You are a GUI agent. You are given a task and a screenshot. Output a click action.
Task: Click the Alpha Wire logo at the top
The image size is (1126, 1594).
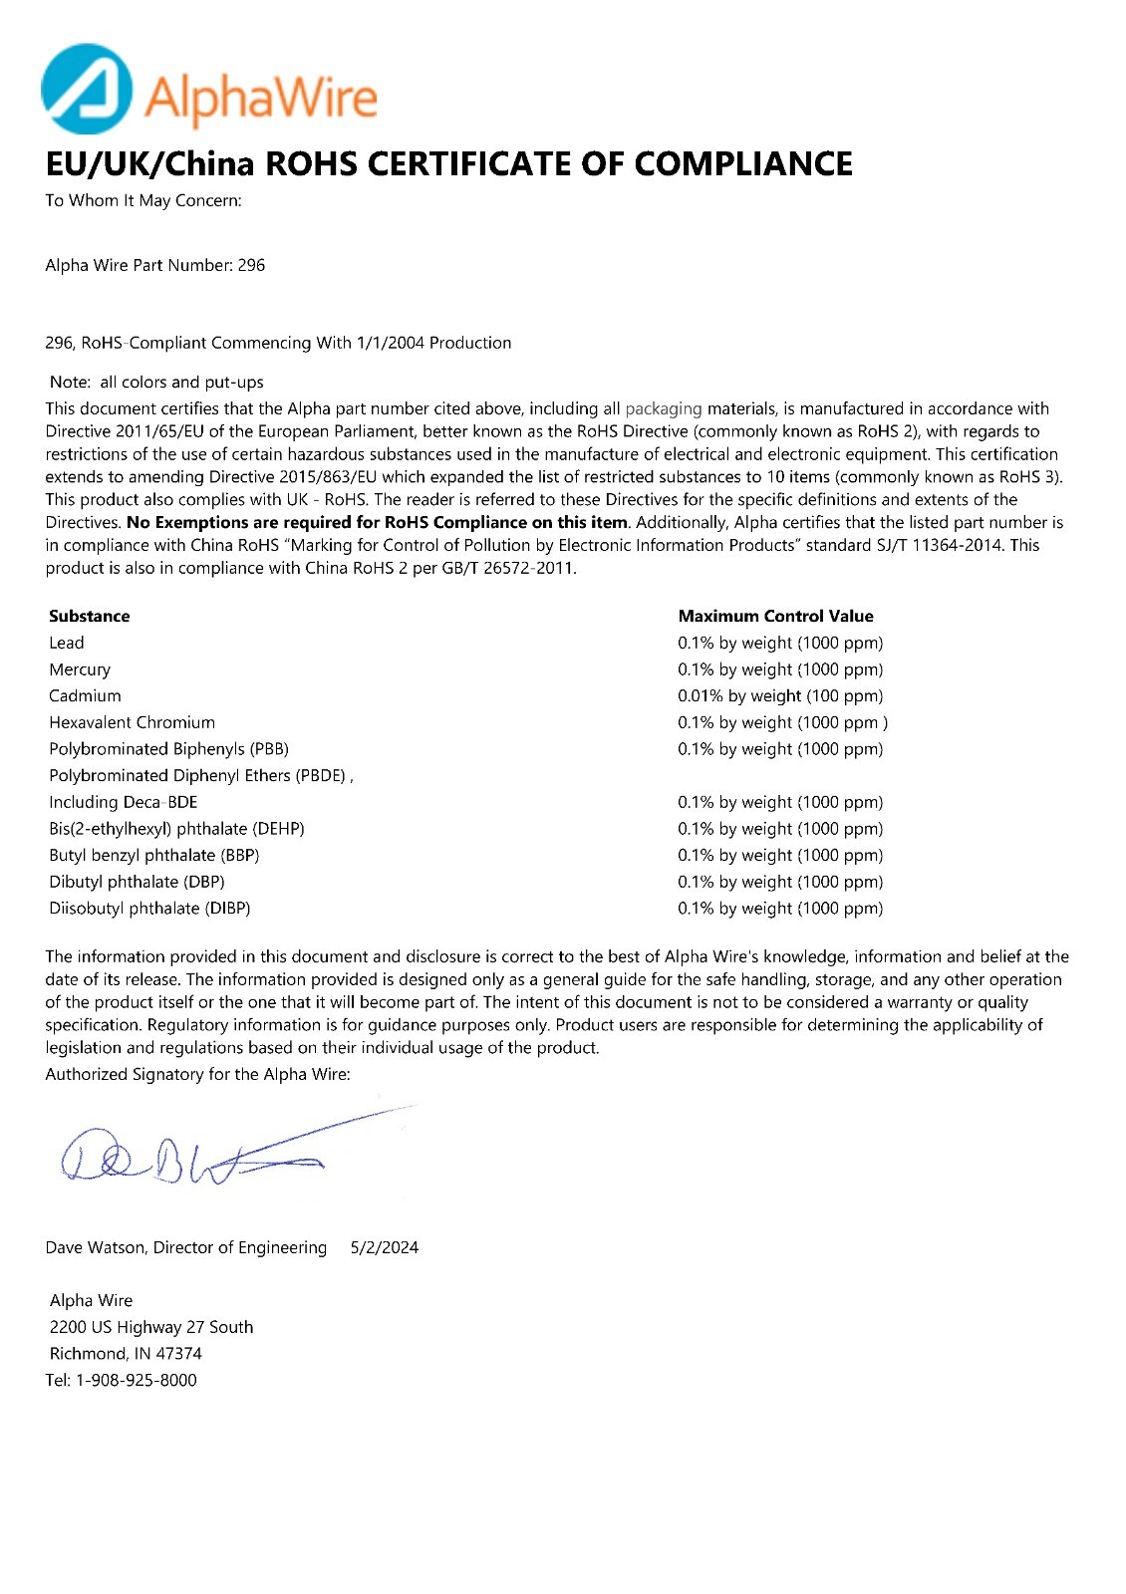tap(209, 90)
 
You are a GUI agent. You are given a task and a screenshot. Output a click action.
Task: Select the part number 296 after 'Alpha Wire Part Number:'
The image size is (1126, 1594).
tap(251, 265)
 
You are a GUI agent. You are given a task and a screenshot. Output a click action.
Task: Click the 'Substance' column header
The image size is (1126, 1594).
tap(90, 616)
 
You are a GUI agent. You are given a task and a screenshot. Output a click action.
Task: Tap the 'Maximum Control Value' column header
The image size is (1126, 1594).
tap(775, 616)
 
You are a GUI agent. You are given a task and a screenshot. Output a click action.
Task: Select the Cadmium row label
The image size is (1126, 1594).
tap(85, 695)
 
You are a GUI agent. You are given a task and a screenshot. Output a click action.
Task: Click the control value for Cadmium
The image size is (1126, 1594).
tap(780, 695)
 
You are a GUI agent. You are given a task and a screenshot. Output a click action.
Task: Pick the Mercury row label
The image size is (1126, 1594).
tap(80, 669)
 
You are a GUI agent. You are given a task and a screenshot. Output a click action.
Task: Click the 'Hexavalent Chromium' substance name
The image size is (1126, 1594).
tap(132, 722)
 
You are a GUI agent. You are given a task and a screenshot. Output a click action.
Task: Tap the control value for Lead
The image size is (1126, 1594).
tap(780, 643)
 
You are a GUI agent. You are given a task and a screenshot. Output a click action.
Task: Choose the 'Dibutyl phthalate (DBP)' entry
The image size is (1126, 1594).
tap(137, 882)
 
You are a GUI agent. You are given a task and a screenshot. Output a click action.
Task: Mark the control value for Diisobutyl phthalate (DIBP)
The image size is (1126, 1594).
tap(780, 908)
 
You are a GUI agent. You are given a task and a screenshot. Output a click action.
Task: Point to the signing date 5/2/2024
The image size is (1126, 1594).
tap(385, 1247)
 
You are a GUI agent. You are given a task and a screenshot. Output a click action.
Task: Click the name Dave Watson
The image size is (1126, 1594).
tap(95, 1247)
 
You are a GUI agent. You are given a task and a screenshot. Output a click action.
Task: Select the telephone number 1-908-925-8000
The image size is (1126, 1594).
tap(137, 1380)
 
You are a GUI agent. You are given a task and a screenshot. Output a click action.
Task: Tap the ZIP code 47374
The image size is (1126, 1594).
tap(179, 1353)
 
